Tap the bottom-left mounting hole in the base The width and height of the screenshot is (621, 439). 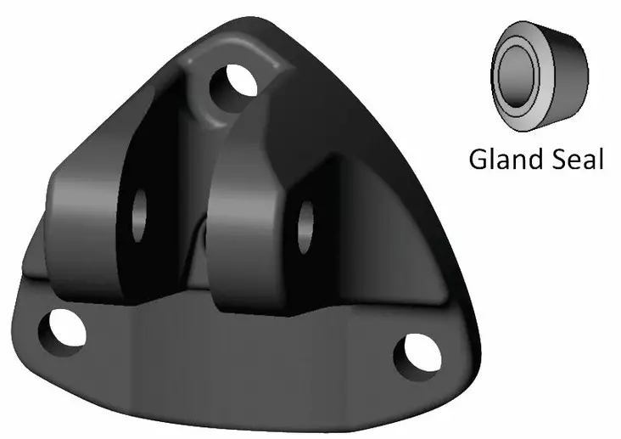(x=66, y=329)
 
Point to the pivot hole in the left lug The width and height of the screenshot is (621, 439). (x=138, y=204)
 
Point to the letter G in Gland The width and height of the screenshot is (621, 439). (x=479, y=159)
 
